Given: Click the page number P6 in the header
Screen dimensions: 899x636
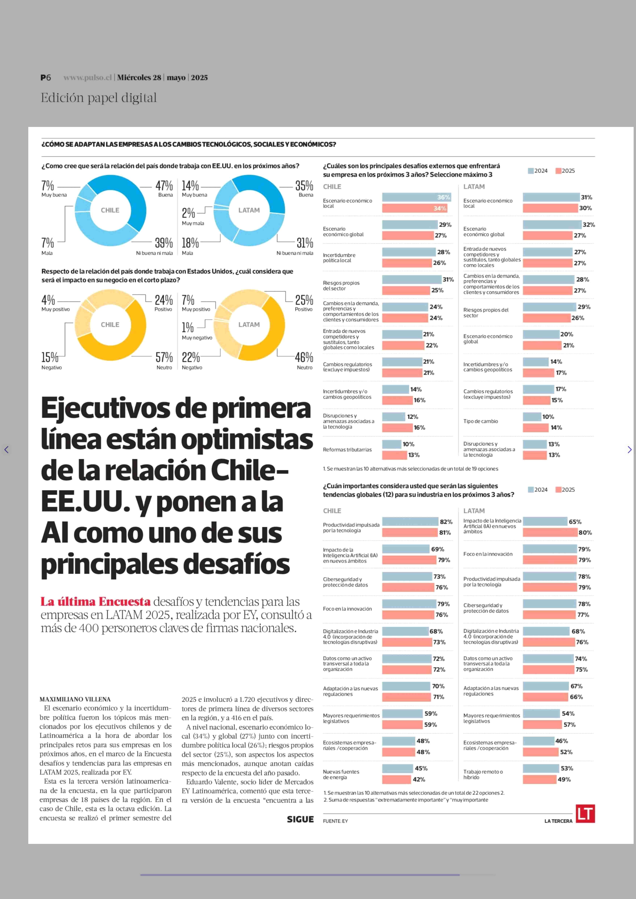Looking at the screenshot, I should click(x=46, y=78).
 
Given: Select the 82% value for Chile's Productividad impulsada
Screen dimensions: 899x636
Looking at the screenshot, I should click(x=446, y=522).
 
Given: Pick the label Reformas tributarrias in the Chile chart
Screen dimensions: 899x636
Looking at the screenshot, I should click(x=347, y=450).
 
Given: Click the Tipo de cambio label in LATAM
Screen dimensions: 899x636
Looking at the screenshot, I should click(x=480, y=422).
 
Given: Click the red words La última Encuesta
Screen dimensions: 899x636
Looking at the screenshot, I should click(x=96, y=602).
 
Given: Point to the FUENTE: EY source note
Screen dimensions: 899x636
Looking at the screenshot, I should click(x=335, y=821).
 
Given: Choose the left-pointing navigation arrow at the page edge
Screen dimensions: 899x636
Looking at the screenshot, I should click(x=6, y=450).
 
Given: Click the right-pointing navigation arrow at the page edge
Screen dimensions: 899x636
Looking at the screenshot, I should click(x=629, y=450).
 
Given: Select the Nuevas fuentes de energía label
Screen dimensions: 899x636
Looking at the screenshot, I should click(x=341, y=774).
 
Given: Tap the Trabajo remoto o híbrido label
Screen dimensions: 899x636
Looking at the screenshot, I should click(x=483, y=774).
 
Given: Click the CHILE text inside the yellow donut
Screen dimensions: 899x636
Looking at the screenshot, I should click(x=110, y=325).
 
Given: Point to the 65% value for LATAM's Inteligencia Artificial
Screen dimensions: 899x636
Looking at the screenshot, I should click(x=575, y=522).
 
